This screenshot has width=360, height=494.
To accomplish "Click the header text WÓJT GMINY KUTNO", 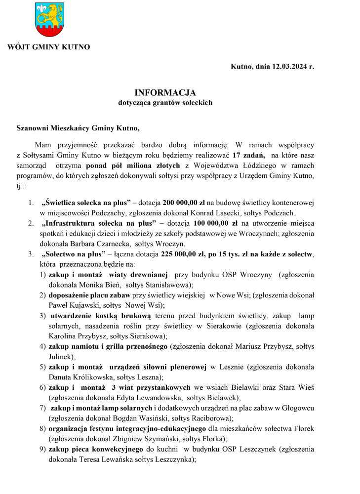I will point(48,47).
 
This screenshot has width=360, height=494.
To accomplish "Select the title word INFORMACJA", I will point(165,93).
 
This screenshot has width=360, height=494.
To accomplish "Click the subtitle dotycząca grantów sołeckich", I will point(165,103).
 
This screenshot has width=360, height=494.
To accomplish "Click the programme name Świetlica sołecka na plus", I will point(86,203).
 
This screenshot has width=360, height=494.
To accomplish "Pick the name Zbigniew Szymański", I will point(143,438).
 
